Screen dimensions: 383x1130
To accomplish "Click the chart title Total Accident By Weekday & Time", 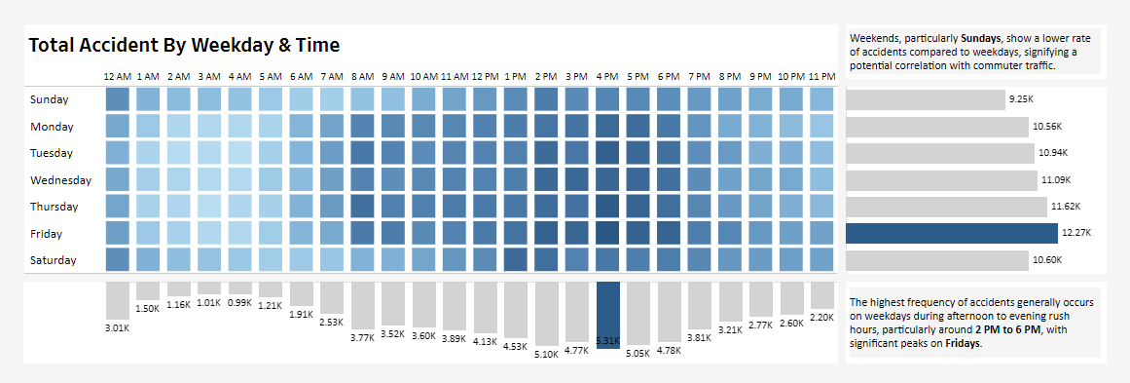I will pyautogui.click(x=184, y=45).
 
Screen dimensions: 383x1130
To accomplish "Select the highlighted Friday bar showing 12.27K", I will pyautogui.click(x=951, y=233).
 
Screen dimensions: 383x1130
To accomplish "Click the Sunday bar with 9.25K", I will pyautogui.click(x=925, y=99).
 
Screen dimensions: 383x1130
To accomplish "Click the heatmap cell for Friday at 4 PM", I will pyautogui.click(x=607, y=233).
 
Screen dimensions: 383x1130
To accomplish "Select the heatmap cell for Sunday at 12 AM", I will pyautogui.click(x=117, y=99).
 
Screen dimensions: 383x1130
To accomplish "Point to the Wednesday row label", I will pyautogui.click(x=60, y=180).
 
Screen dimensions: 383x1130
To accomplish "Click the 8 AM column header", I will pyautogui.click(x=362, y=76).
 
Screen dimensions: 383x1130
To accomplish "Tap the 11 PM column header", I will pyautogui.click(x=821, y=76).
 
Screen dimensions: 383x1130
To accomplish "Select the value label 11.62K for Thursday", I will pyautogui.click(x=1065, y=207).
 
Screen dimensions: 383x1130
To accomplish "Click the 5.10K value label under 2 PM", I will pyautogui.click(x=546, y=355).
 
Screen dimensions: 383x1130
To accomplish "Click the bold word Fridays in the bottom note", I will pyautogui.click(x=964, y=344).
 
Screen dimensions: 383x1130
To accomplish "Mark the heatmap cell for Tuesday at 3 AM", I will pyautogui.click(x=209, y=153).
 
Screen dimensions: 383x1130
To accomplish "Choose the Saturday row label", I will pyautogui.click(x=55, y=260).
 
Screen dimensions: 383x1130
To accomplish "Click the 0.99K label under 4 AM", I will pyautogui.click(x=239, y=302).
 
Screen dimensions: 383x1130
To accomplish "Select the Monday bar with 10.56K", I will pyautogui.click(x=936, y=127).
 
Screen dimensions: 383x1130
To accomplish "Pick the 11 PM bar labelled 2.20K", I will pyautogui.click(x=821, y=295).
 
